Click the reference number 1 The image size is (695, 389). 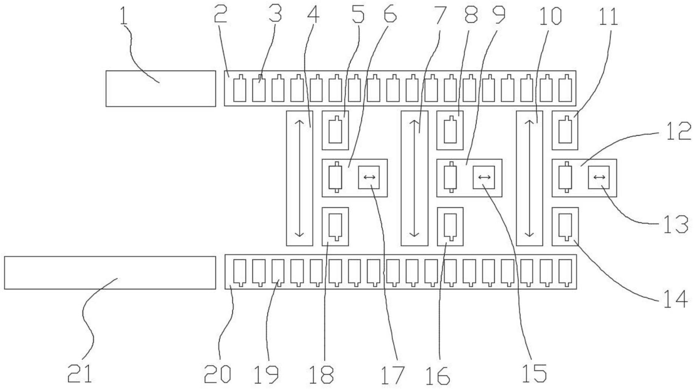(123, 15)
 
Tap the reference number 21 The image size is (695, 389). (80, 374)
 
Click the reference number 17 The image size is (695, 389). (392, 375)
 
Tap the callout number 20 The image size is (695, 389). (217, 374)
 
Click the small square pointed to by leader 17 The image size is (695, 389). (369, 177)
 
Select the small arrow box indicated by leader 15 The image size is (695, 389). (484, 177)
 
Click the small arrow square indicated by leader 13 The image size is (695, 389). (599, 177)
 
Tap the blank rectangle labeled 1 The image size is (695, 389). (161, 88)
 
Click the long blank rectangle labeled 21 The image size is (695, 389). (110, 273)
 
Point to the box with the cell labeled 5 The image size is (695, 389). (335, 130)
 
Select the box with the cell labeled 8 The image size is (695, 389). (450, 130)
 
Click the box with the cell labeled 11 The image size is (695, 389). (565, 130)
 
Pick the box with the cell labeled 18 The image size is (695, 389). (335, 227)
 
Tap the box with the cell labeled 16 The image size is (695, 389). (450, 227)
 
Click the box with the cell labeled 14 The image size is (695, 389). (565, 227)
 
